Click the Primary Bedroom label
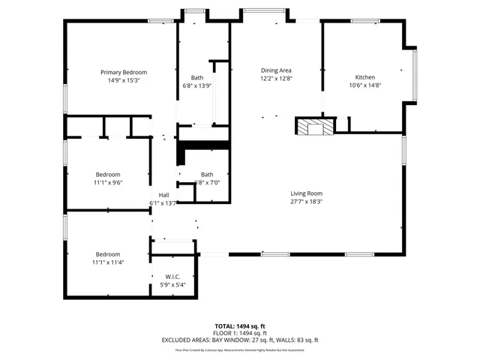click(124, 72)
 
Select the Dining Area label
click(276, 70)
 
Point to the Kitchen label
click(365, 77)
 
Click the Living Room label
click(306, 193)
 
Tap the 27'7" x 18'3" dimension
click(306, 201)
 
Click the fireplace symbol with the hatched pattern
click(314, 126)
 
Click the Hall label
click(163, 194)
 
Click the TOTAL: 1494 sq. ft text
click(239, 325)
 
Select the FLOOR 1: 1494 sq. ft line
click(239, 333)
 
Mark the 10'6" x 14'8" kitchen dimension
click(365, 85)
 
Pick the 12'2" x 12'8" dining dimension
click(276, 78)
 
